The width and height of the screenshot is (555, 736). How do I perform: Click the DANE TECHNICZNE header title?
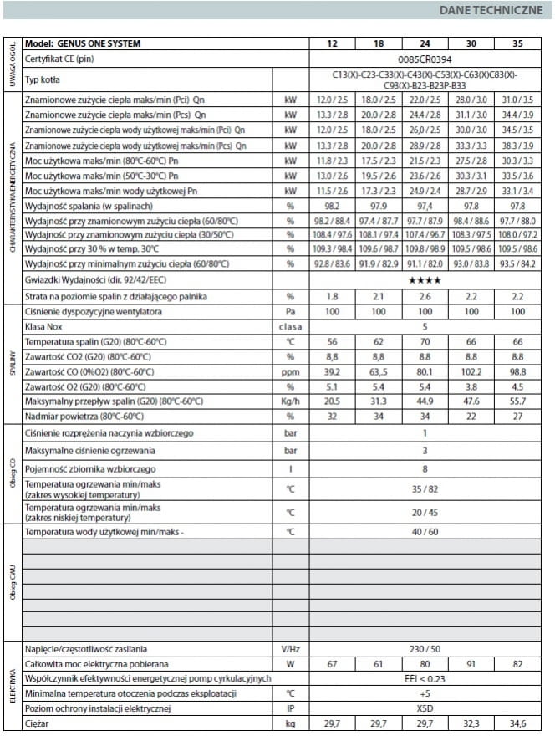click(491, 13)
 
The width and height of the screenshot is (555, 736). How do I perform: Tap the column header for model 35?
click(517, 44)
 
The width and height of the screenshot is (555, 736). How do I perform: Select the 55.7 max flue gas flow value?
click(517, 401)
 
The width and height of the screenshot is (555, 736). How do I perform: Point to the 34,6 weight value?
click(517, 723)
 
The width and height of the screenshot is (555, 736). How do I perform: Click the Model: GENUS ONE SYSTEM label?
click(83, 44)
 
